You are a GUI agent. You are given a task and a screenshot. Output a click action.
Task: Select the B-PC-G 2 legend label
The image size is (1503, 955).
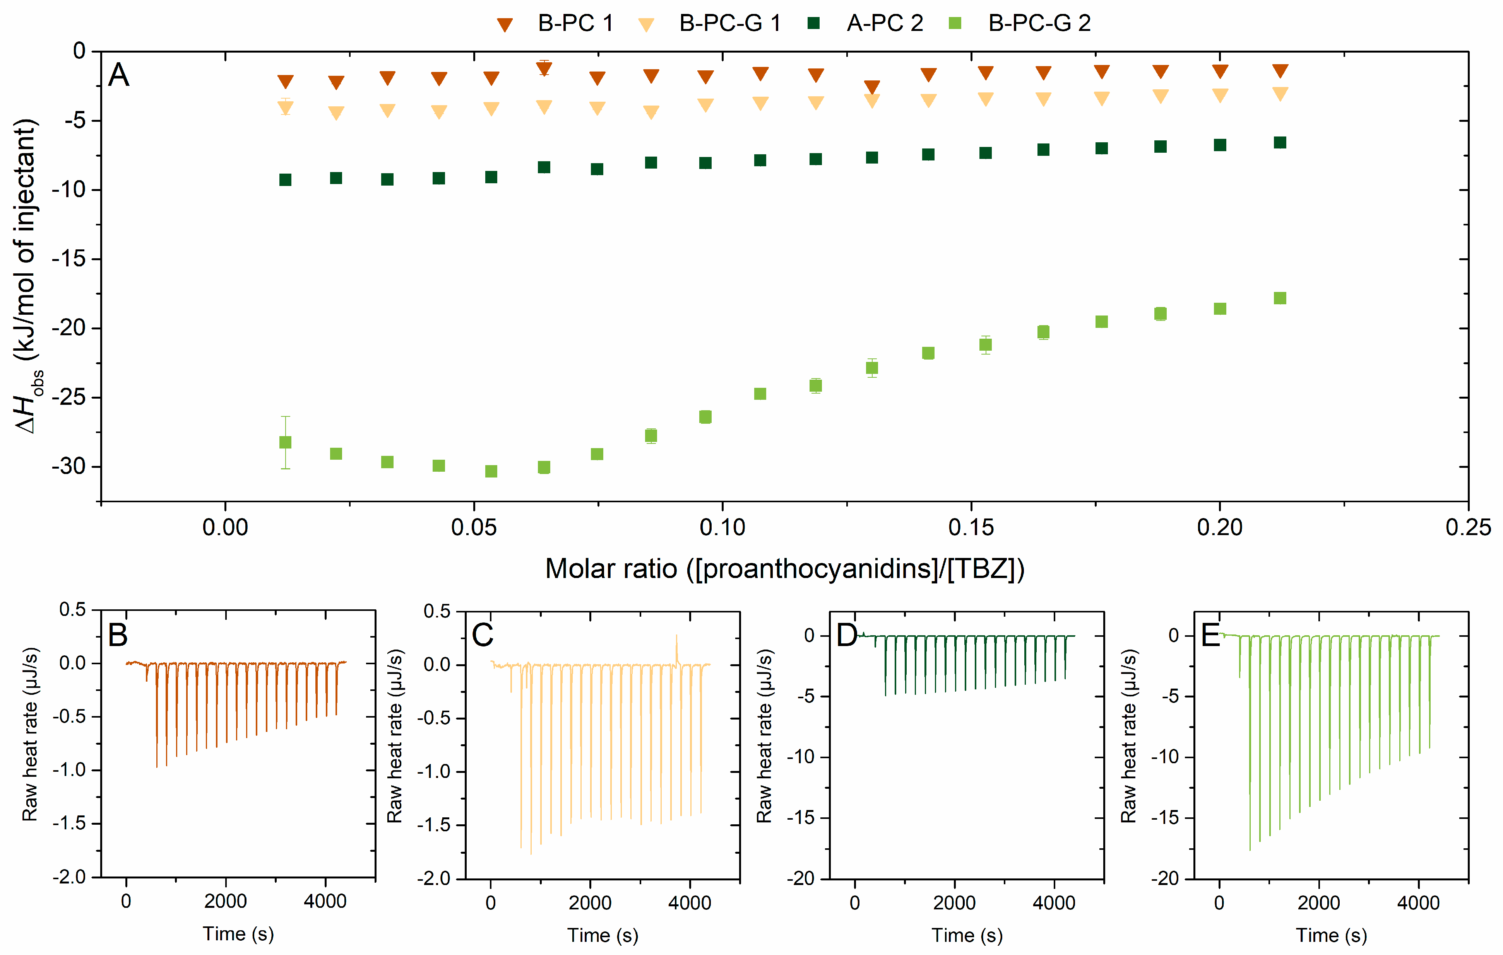tap(1039, 24)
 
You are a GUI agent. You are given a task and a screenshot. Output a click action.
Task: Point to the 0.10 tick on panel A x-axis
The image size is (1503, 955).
tap(722, 528)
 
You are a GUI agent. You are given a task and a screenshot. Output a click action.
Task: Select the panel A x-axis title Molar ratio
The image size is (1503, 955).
tap(784, 569)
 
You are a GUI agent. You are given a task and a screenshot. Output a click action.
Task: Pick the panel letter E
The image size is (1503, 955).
tap(1211, 636)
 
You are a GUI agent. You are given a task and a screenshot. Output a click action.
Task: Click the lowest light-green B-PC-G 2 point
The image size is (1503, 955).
tap(491, 471)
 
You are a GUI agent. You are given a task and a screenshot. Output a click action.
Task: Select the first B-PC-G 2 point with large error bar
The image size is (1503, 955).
tap(285, 442)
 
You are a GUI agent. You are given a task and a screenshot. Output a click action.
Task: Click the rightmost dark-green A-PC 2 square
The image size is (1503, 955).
tap(1280, 143)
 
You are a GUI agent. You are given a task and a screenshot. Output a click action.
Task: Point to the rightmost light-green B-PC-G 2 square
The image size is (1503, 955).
tap(1280, 298)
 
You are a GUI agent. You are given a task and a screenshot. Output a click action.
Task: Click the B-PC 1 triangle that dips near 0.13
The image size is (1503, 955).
tap(872, 87)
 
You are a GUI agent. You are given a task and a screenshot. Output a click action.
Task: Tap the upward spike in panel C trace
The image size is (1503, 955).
tap(676, 643)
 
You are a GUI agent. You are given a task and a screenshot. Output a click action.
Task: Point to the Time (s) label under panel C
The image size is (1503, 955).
tap(603, 935)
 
